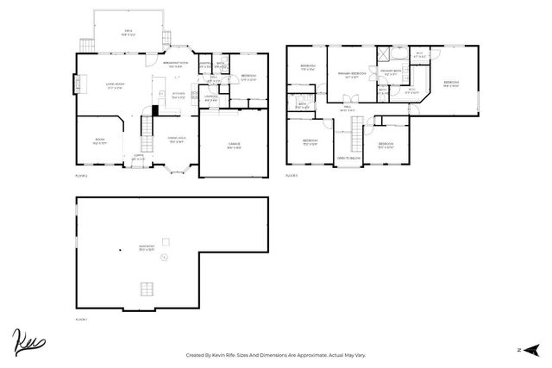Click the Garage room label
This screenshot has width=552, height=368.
coord(234,145)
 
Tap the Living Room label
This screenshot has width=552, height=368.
coord(116,85)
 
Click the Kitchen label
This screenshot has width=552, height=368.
coord(179,95)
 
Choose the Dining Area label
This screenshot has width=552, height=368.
coord(179,140)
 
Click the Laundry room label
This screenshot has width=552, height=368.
coord(210,97)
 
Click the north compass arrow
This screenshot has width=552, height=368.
coord(529,350)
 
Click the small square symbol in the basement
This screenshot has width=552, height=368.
coord(166,240)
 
